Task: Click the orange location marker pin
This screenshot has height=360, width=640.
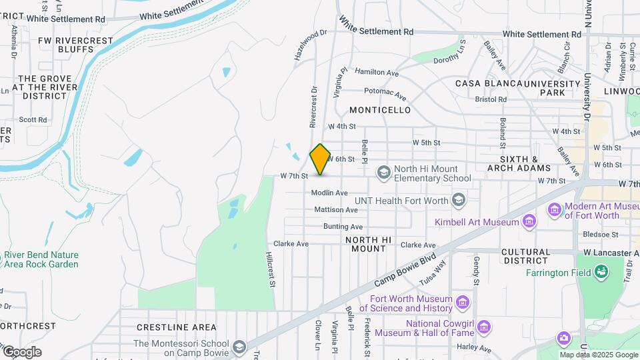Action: pyautogui.click(x=320, y=159)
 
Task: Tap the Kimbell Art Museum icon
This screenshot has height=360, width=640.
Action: pyautogui.click(x=529, y=221)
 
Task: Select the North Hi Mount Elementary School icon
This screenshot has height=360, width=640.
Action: pyautogui.click(x=383, y=173)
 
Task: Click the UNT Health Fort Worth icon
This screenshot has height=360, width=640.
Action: pyautogui.click(x=458, y=200)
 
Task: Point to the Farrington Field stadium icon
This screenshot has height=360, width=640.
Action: pyautogui.click(x=601, y=272)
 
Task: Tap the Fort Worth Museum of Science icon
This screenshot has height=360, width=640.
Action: pyautogui.click(x=463, y=303)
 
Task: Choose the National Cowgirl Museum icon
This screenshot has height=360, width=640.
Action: pyautogui.click(x=485, y=327)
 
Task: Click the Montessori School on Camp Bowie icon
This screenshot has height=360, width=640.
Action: pyautogui.click(x=239, y=347)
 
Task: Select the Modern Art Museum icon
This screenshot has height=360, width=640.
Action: pyautogui.click(x=555, y=211)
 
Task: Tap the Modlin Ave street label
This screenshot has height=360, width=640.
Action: pyautogui.click(x=329, y=193)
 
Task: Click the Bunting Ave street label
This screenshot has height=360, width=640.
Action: pyautogui.click(x=343, y=227)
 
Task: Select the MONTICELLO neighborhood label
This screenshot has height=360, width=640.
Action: pyautogui.click(x=380, y=109)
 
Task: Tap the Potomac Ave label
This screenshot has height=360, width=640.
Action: pyautogui.click(x=385, y=93)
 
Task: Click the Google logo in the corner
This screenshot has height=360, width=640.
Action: pyautogui.click(x=21, y=351)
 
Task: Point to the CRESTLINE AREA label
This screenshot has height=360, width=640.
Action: pyautogui.click(x=176, y=327)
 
